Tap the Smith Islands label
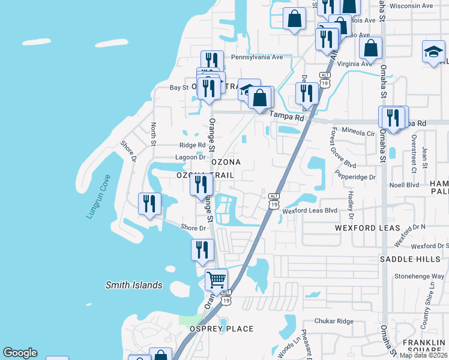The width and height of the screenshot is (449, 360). (134, 286)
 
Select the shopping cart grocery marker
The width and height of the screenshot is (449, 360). (216, 279)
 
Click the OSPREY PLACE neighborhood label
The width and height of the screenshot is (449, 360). (221, 329)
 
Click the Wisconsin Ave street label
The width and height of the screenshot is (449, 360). (411, 5)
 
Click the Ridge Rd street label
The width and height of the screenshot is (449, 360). (192, 145)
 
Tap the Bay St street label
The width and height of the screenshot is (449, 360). (179, 88)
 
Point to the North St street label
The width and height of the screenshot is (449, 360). (154, 134)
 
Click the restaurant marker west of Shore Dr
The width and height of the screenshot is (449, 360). (149, 203)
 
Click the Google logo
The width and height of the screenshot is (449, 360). (20, 353)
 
